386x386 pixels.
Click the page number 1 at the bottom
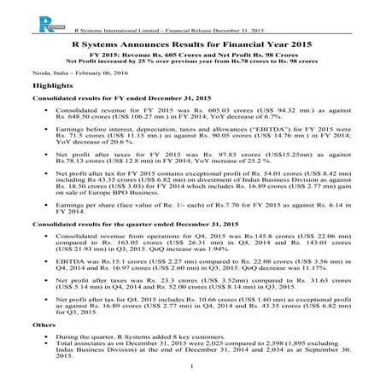[x=193, y=369]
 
